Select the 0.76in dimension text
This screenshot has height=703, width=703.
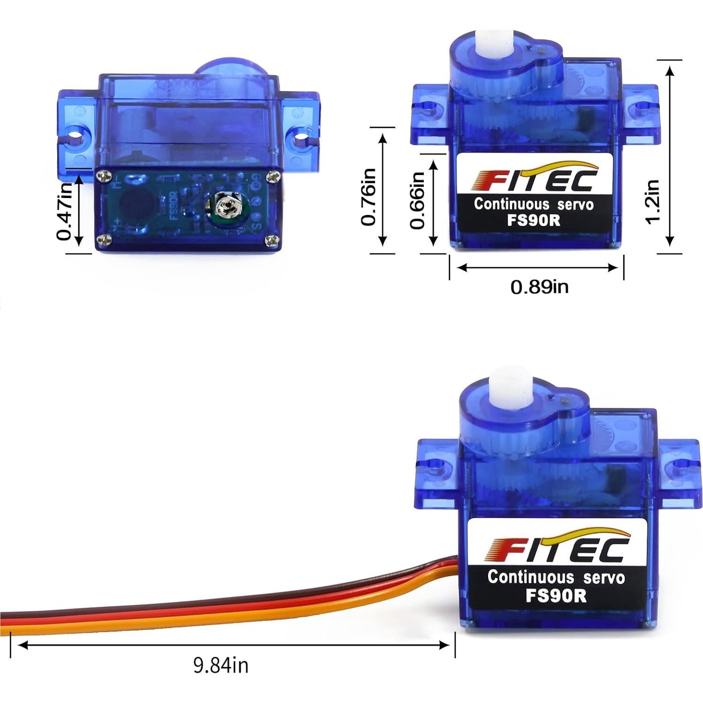[x=369, y=197]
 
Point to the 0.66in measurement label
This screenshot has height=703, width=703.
[x=417, y=200]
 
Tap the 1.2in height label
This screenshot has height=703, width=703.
[x=653, y=202]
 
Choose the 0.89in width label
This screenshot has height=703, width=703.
[x=539, y=286]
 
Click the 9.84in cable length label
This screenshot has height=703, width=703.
[x=221, y=665]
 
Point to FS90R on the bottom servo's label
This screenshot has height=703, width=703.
[x=556, y=596]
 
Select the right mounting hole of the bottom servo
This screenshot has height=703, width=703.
[x=679, y=465]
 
